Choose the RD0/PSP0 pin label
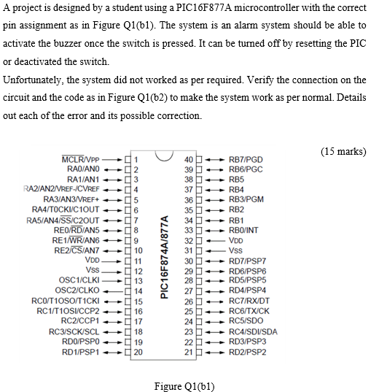point(83,341)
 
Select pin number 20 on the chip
point(137,351)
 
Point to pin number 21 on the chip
point(189,352)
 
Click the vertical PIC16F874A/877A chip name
point(164,255)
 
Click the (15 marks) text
point(343,151)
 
